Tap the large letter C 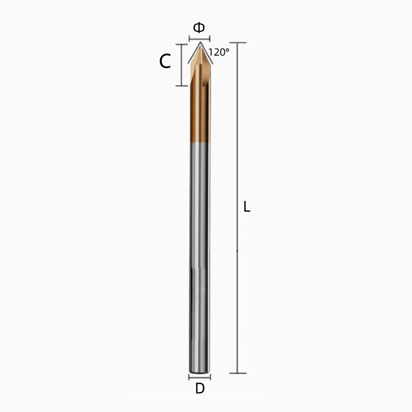point(165,62)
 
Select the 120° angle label point(219,53)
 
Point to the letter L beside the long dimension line point(247,208)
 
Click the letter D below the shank point(200,389)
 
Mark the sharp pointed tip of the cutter point(199,45)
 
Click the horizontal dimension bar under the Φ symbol point(199,39)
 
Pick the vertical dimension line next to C point(180,64)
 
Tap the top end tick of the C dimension point(180,44)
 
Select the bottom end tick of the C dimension point(180,85)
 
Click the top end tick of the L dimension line point(237,42)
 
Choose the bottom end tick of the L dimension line point(237,373)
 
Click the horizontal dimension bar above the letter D point(199,377)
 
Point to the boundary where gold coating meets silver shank point(199,143)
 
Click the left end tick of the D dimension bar point(189,377)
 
